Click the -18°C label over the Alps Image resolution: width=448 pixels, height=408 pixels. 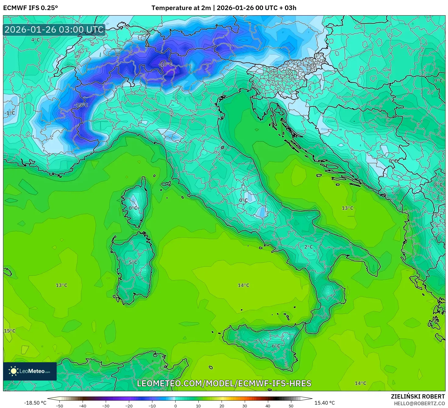point(166,64)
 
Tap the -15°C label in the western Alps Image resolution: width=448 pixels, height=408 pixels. point(81,105)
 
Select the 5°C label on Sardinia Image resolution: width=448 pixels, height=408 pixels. point(133,262)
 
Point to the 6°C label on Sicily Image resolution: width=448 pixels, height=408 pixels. point(276,346)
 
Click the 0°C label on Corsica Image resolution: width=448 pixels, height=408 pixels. point(133,208)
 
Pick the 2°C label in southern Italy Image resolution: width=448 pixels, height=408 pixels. point(308,247)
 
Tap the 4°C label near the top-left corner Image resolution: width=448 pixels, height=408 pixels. point(35,40)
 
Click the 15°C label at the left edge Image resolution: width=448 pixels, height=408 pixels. point(9,331)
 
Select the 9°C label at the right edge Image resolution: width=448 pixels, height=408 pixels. point(438,81)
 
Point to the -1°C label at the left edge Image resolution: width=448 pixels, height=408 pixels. point(9,113)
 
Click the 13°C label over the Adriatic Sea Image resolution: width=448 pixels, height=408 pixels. point(347,208)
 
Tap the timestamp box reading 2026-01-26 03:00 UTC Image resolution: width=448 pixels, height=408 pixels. point(54,30)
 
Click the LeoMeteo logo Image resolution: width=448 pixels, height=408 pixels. point(30,371)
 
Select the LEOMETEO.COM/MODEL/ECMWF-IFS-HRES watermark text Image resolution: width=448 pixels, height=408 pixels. point(224,383)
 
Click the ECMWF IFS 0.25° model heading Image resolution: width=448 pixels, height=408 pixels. point(30,8)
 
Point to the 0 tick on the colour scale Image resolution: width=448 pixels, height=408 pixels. point(175,406)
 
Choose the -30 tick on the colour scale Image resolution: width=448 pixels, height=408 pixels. point(105,406)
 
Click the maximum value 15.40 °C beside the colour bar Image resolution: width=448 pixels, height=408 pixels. point(325,403)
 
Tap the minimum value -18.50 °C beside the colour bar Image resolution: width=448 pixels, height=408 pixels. point(35,403)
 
